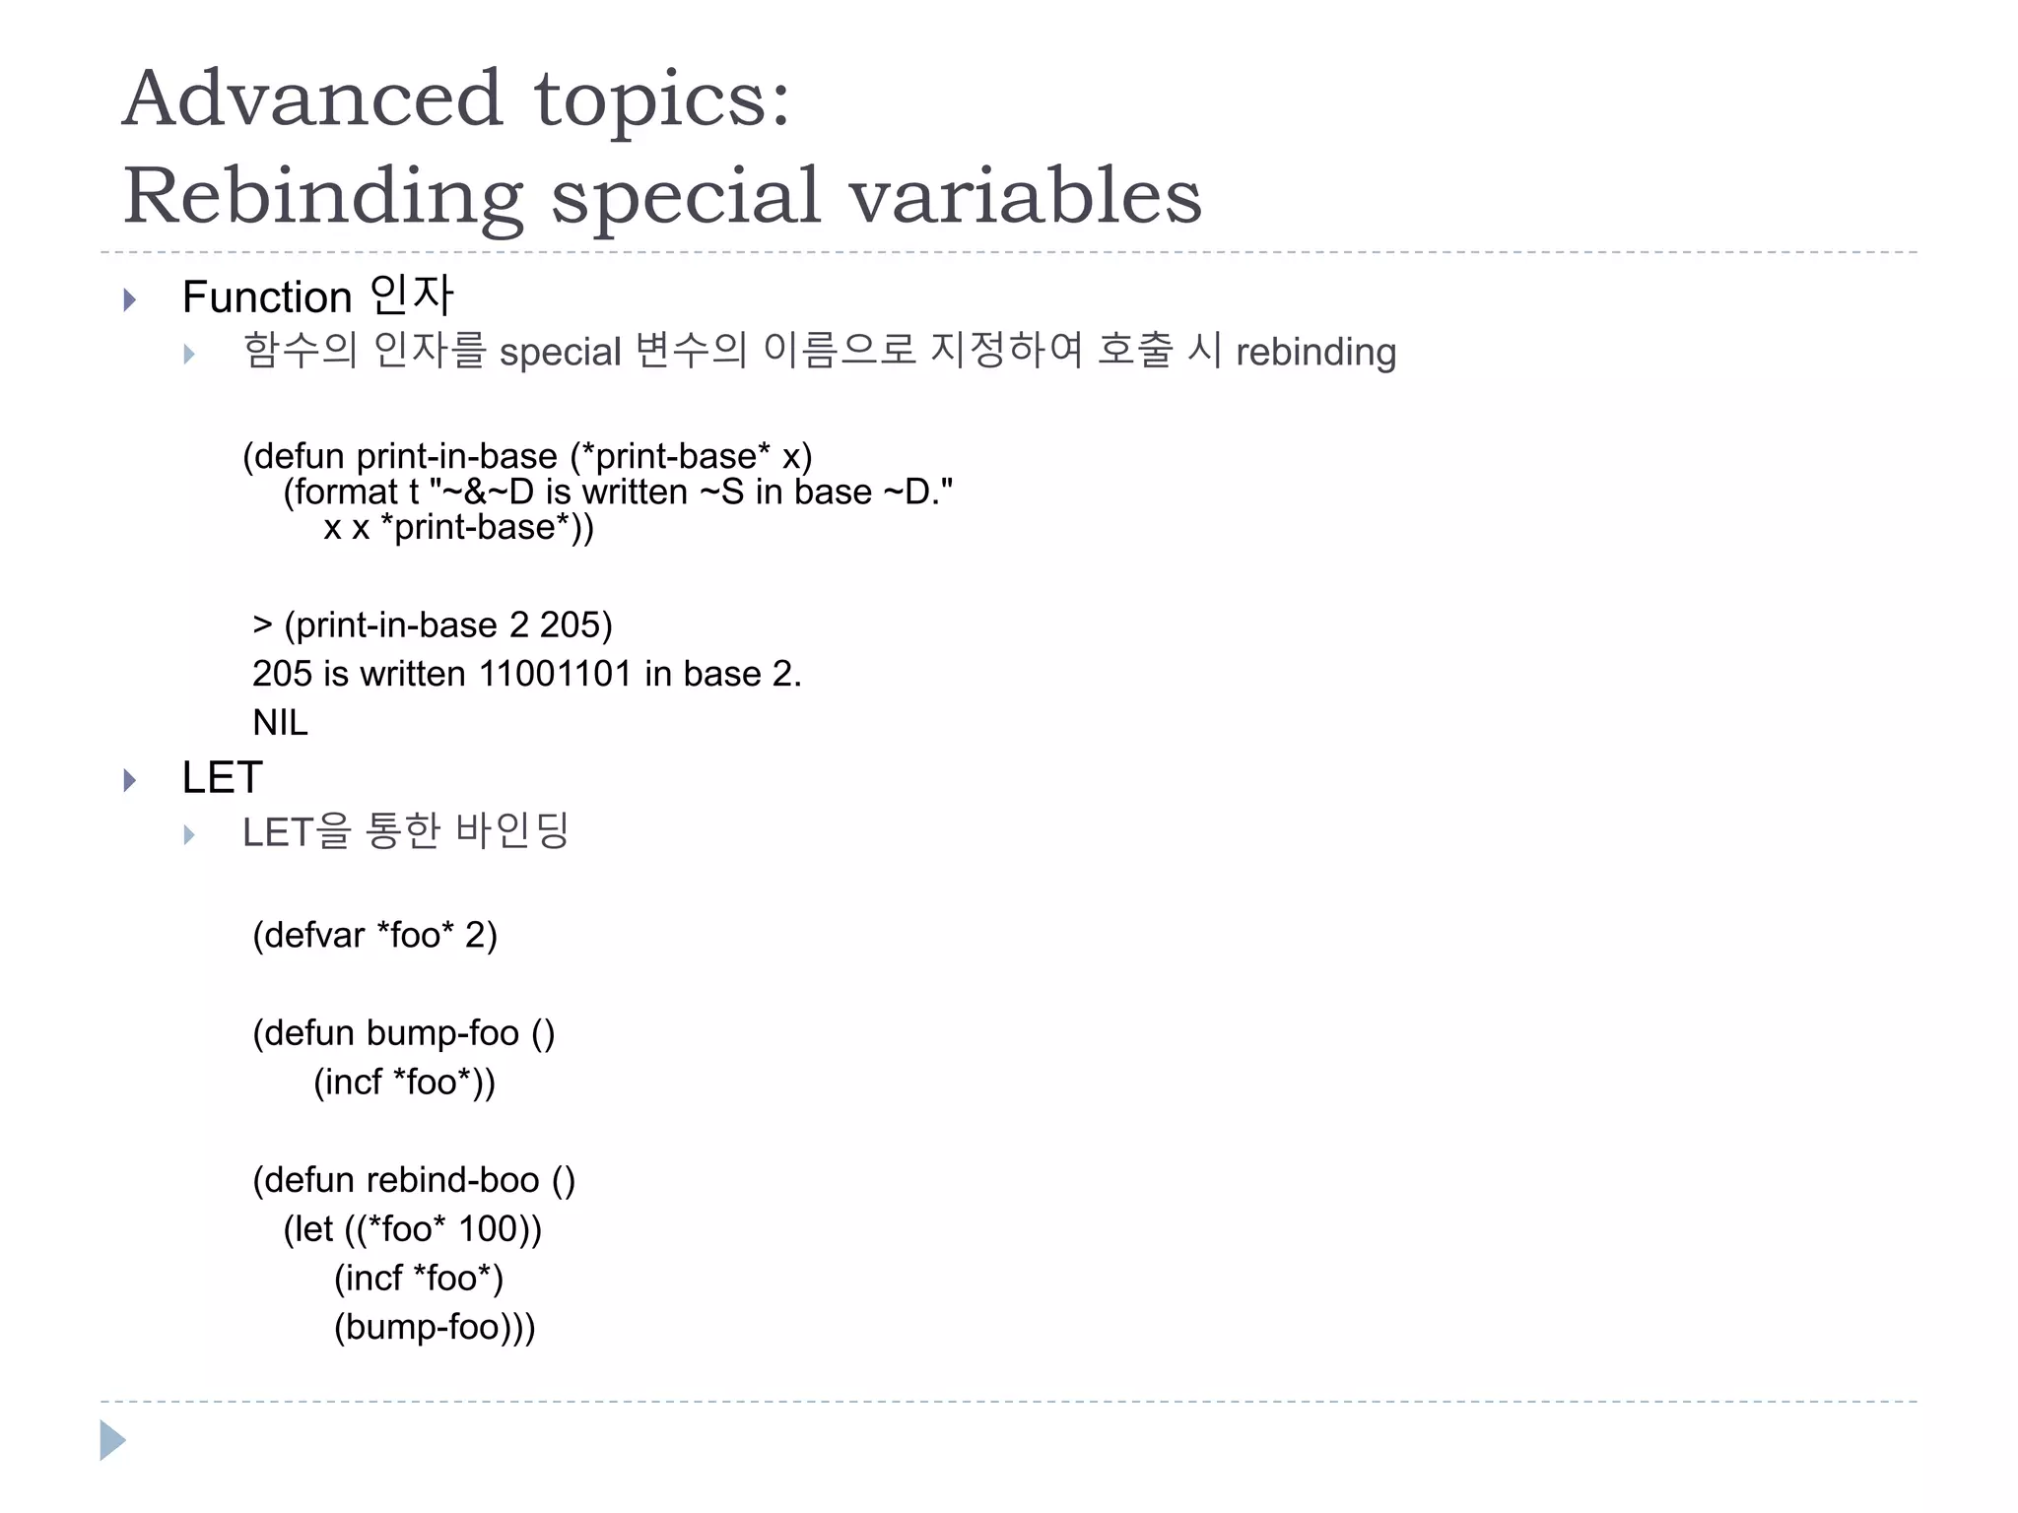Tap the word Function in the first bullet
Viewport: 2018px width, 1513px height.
pyautogui.click(x=266, y=297)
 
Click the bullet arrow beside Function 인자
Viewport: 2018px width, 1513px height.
pyautogui.click(x=130, y=299)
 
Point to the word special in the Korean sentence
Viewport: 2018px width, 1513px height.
pyautogui.click(x=560, y=353)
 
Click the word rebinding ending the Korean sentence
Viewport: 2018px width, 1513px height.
pyautogui.click(x=1315, y=353)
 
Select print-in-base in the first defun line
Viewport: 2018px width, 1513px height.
pyautogui.click(x=456, y=456)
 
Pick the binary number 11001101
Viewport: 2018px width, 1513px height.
pyautogui.click(x=555, y=674)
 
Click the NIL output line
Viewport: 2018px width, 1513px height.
pyautogui.click(x=280, y=723)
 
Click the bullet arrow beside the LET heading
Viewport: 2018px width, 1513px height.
pyautogui.click(x=130, y=780)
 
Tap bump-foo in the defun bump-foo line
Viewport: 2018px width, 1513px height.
pyautogui.click(x=442, y=1033)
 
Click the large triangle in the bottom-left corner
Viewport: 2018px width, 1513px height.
pyautogui.click(x=112, y=1440)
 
